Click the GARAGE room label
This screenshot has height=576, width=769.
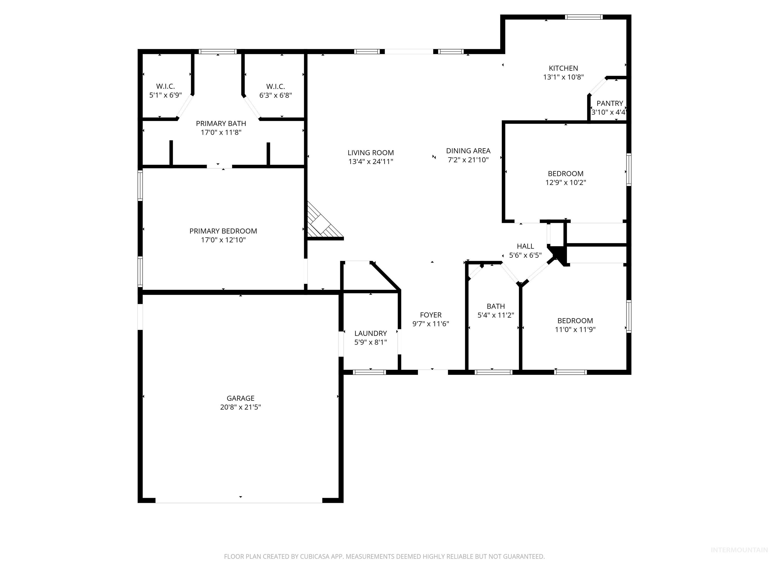[x=240, y=398]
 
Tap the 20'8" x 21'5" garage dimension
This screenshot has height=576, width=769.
[x=240, y=407]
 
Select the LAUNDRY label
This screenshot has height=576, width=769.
[x=370, y=333]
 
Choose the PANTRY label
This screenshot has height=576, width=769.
[x=610, y=103]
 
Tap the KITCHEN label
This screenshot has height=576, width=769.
[x=563, y=68]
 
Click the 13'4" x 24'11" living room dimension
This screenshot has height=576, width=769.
[x=370, y=161]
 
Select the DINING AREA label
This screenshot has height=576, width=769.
[x=468, y=151]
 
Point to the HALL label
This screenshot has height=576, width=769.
[x=525, y=246]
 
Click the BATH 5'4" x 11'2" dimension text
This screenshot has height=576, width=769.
[x=495, y=315]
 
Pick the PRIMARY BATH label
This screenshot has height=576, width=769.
[x=221, y=123]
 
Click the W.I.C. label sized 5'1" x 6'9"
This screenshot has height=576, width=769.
[x=165, y=86]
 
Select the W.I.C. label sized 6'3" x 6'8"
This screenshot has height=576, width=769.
[x=275, y=86]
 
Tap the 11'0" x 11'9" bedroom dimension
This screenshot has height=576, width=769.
[x=575, y=329]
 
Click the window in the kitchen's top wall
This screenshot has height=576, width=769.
[x=583, y=17]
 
